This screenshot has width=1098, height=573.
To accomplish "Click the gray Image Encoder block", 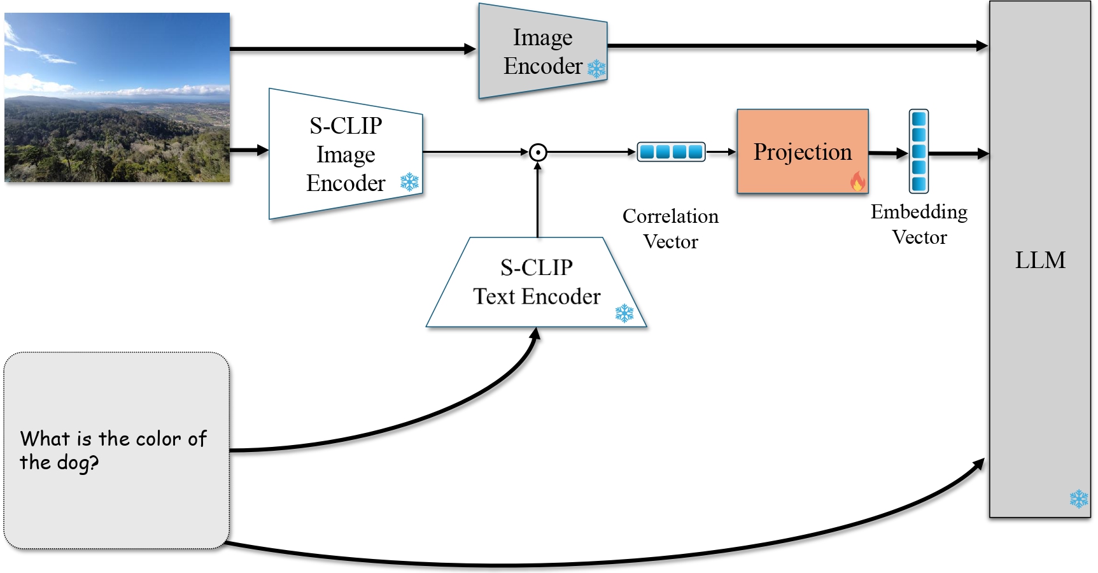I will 541,51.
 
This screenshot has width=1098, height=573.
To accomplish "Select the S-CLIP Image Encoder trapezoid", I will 345,154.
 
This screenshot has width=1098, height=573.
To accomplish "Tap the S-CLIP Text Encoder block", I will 536,283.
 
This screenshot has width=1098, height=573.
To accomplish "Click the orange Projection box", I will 802,152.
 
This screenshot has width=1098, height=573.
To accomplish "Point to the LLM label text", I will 1039,260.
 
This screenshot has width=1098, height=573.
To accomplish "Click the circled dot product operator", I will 538,152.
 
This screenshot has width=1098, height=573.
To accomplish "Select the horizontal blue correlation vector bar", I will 671,152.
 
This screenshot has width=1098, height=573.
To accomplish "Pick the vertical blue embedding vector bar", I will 919,152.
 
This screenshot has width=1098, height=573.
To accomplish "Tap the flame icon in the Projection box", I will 857,182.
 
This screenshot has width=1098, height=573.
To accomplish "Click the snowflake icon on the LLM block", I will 1078,499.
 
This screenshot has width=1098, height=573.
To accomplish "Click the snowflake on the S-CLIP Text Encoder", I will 624,313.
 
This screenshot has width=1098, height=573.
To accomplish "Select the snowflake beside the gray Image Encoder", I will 596,69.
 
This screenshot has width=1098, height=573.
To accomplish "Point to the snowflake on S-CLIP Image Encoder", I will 409,183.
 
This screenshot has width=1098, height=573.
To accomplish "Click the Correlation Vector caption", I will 670,229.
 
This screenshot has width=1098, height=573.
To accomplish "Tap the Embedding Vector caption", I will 919,224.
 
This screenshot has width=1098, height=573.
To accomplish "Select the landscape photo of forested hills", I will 117,97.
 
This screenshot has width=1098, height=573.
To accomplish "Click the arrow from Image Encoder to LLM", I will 796,46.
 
